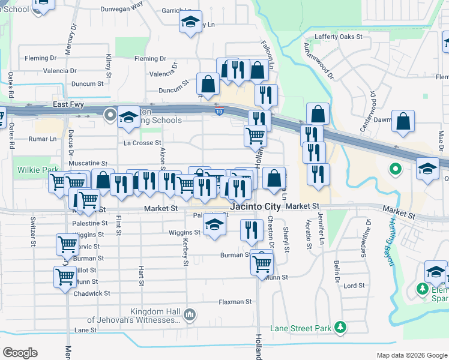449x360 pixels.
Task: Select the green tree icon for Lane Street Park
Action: pyautogui.click(x=341, y=328)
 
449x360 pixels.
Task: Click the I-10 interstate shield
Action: pyautogui.click(x=219, y=110)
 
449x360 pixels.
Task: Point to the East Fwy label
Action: pyautogui.click(x=68, y=104)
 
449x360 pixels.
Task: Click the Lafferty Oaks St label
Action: pyautogui.click(x=339, y=37)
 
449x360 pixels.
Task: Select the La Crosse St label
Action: pyautogui.click(x=142, y=143)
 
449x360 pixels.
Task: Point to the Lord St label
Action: pyautogui.click(x=354, y=286)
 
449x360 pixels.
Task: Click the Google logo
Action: pyautogui.click(x=20, y=353)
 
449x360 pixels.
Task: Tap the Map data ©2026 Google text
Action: pyautogui.click(x=411, y=355)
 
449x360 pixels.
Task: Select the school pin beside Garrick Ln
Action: pyautogui.click(x=190, y=23)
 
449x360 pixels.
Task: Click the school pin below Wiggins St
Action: pyautogui.click(x=213, y=226)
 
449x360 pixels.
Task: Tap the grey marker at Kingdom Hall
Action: pyautogui.click(x=189, y=314)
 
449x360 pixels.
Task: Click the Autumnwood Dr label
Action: pyautogui.click(x=318, y=61)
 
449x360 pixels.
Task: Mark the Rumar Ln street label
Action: pyautogui.click(x=44, y=139)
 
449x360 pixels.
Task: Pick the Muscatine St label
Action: pyautogui.click(x=88, y=163)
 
